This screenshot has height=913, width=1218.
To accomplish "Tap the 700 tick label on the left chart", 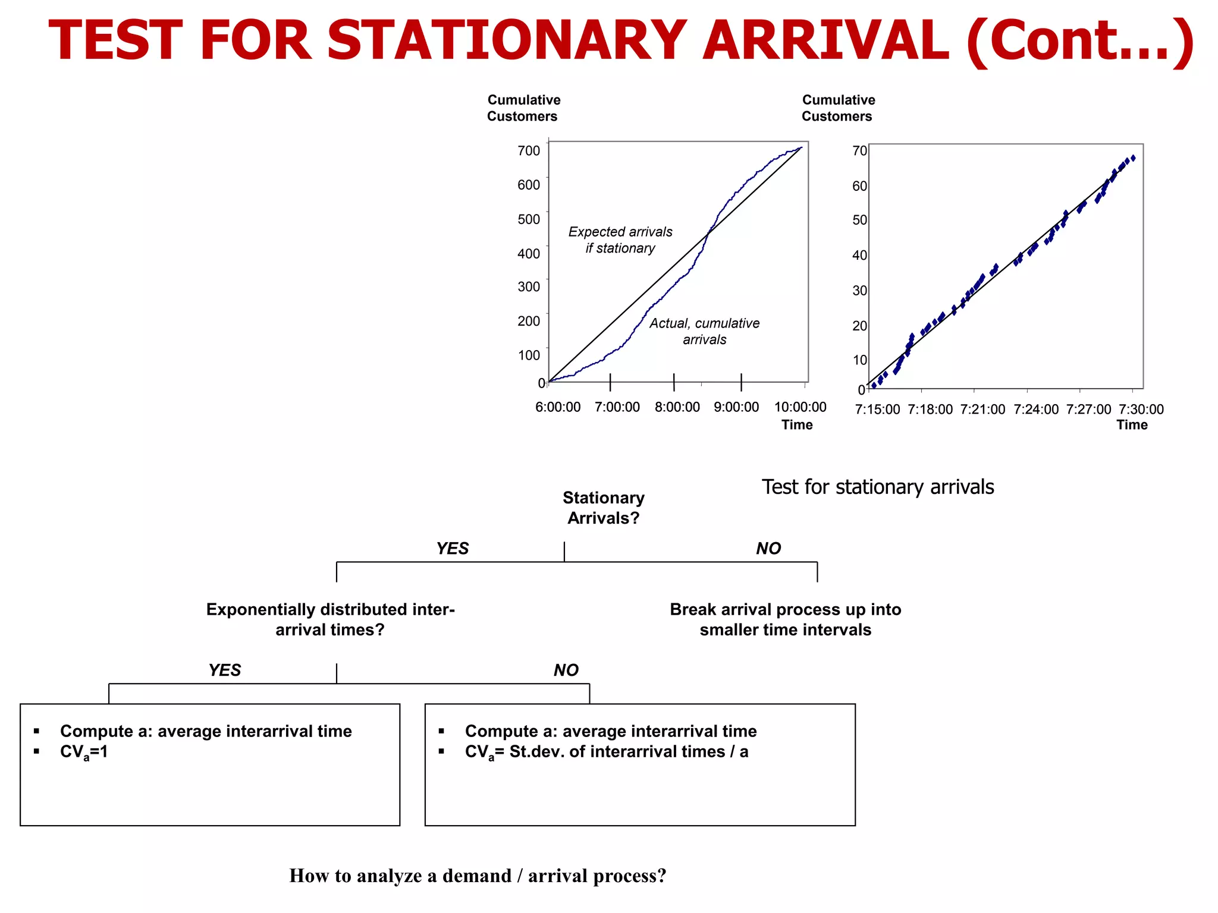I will click(x=529, y=150).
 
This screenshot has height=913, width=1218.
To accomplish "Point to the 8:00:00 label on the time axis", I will click(x=677, y=407).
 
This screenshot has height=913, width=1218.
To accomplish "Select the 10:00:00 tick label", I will click(x=800, y=407).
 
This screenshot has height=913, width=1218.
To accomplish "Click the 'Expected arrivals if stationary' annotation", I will click(x=620, y=240).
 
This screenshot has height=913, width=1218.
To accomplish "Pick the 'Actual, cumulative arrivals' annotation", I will click(x=704, y=331).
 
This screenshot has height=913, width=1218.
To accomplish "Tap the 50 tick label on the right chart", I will click(x=859, y=220).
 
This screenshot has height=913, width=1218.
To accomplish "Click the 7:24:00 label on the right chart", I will click(x=1036, y=410).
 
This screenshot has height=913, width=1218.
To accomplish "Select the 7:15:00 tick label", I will click(x=877, y=410).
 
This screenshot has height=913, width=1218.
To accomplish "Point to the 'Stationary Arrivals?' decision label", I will click(x=603, y=508).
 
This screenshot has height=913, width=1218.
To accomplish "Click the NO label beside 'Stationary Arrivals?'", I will click(x=768, y=549).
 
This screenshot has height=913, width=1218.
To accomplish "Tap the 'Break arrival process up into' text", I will click(x=785, y=610).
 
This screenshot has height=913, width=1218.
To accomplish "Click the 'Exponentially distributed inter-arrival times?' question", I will click(x=330, y=619).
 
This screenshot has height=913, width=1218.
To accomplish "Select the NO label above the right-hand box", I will click(x=566, y=670).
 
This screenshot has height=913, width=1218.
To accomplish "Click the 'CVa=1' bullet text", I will click(x=84, y=752).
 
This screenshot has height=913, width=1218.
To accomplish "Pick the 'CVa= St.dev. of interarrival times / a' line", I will click(x=606, y=752).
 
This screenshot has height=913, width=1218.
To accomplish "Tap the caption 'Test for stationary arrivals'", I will click(x=877, y=487).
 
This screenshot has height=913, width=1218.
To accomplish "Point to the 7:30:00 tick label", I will click(x=1141, y=410).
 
